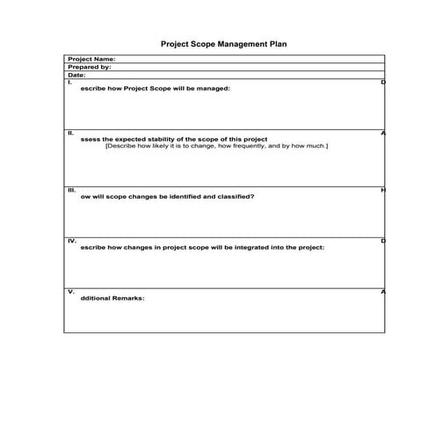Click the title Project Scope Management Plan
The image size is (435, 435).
pyautogui.click(x=223, y=42)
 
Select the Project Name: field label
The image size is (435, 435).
pyautogui.click(x=91, y=60)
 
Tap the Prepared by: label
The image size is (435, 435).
pyautogui.click(x=89, y=68)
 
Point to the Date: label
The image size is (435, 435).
pyautogui.click(x=77, y=76)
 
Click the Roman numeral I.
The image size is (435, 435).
pyautogui.click(x=69, y=82)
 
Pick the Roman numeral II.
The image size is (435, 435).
pyautogui.click(x=70, y=133)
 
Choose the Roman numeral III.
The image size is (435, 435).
pyautogui.click(x=71, y=189)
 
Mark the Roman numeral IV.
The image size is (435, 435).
pyautogui.click(x=71, y=240)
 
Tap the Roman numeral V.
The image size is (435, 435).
pyautogui.click(x=70, y=291)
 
